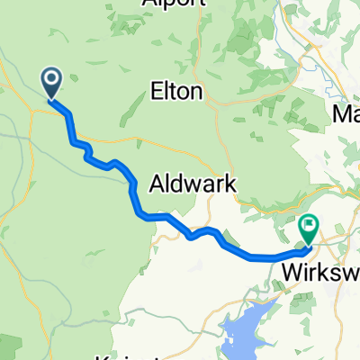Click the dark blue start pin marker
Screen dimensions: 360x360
[50, 85]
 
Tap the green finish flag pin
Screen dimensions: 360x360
[310, 229]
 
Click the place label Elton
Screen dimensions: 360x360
[177, 91]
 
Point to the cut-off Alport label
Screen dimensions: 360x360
[170, 4]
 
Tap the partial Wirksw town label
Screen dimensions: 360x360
[320, 270]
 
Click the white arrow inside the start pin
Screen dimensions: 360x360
[50, 81]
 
